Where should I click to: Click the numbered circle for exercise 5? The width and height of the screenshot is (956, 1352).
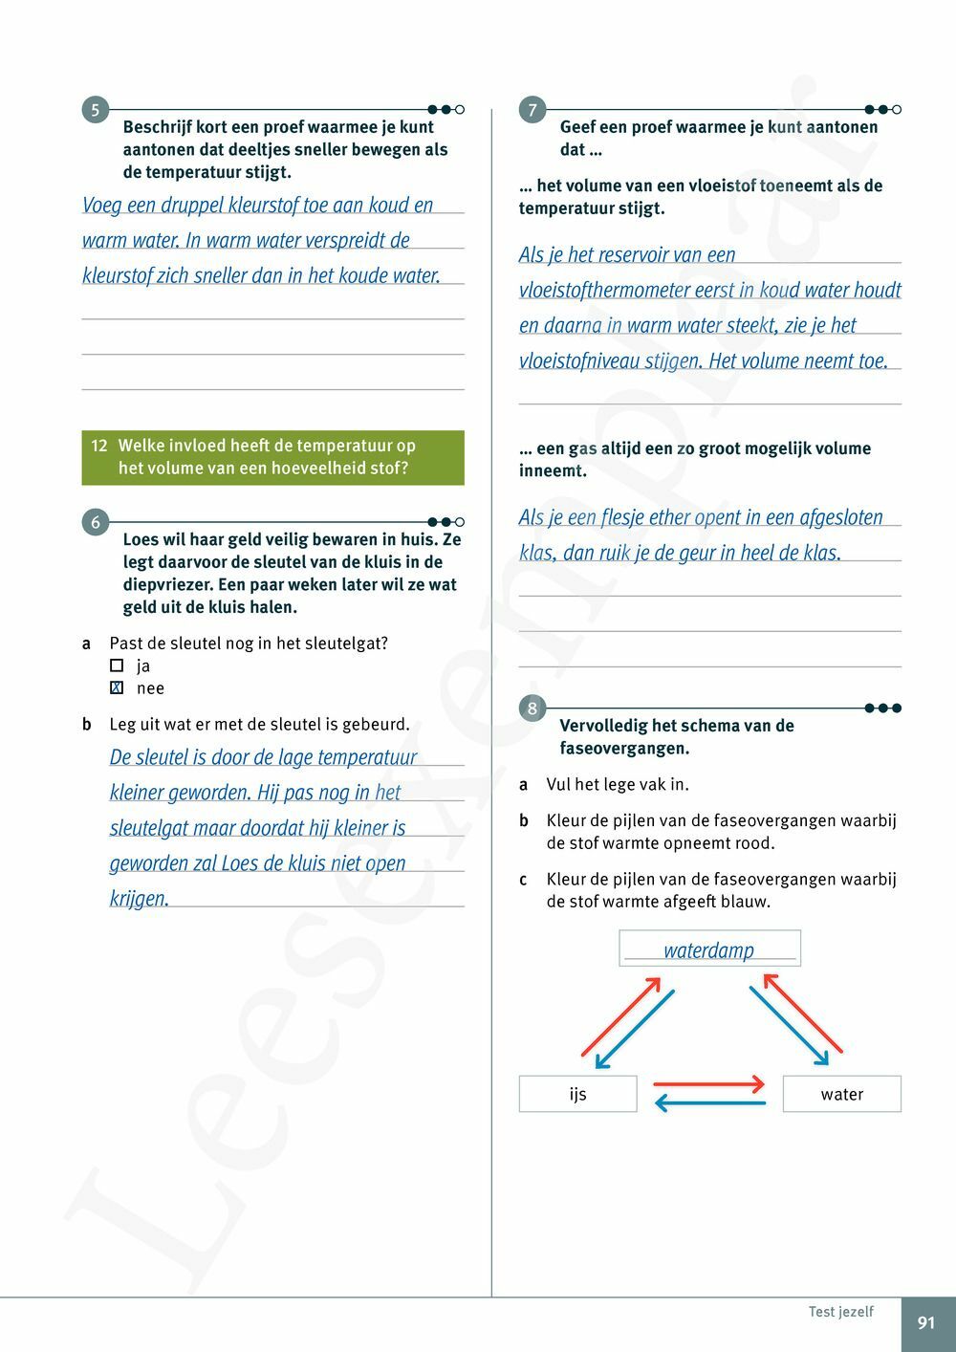click(95, 110)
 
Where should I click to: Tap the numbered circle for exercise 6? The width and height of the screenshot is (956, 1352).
click(95, 522)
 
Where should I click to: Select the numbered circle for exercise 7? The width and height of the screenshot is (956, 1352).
click(532, 110)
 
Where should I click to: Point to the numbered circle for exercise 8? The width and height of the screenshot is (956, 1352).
click(532, 709)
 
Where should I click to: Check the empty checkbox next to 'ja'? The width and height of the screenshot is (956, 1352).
click(117, 665)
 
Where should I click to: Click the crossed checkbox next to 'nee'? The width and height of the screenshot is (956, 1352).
click(117, 687)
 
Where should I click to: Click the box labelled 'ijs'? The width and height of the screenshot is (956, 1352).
click(577, 1094)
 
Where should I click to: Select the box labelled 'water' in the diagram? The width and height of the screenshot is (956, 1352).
click(841, 1094)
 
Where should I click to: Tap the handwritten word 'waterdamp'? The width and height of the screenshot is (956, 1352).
click(708, 949)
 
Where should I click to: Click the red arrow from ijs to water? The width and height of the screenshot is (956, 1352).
click(708, 1084)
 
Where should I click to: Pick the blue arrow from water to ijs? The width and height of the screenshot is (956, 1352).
click(710, 1103)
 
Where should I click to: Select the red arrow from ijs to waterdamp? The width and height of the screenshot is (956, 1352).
click(619, 1016)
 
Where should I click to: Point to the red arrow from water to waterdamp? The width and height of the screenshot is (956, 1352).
click(803, 1013)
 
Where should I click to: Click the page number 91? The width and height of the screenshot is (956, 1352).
click(926, 1323)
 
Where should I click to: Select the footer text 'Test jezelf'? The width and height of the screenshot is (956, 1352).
click(840, 1312)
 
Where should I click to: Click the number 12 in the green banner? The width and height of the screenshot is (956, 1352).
click(99, 446)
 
